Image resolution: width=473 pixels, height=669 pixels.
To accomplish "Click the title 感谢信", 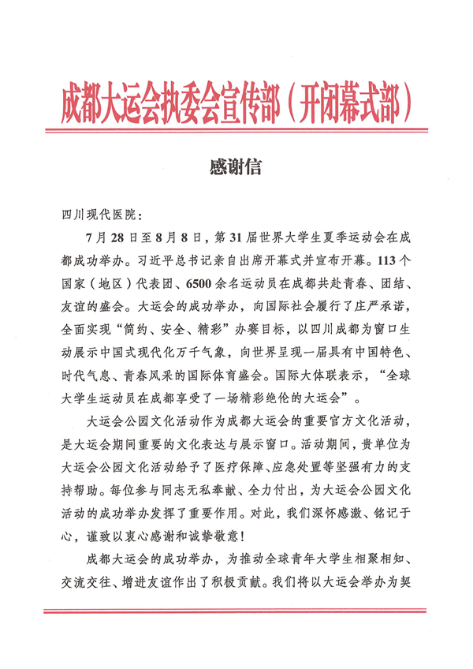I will click(x=236, y=168).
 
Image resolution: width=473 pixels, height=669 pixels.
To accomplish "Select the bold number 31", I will click(x=244, y=236).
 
